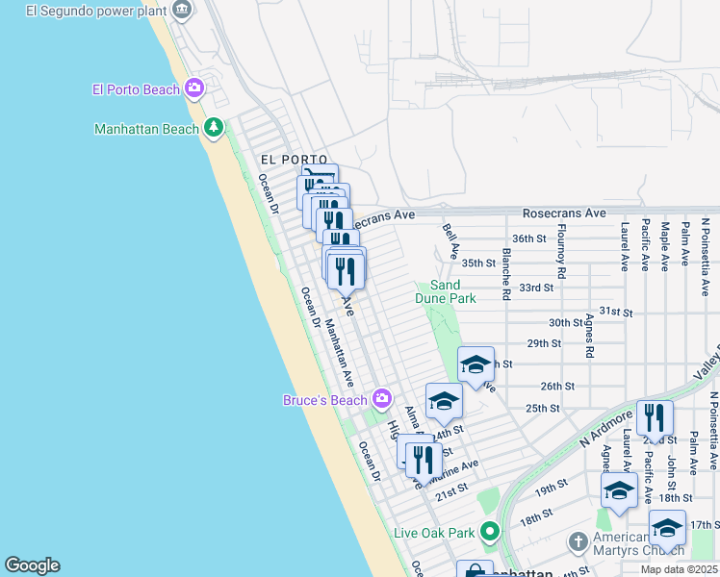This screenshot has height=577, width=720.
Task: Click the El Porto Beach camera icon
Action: point(194,89)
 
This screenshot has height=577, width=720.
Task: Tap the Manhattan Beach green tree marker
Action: point(213,128)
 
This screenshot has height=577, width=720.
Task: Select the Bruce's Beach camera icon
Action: point(382,399)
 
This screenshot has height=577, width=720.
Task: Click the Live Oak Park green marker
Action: point(490,532)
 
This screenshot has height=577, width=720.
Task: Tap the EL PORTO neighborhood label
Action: point(294,160)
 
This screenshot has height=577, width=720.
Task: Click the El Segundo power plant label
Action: point(97,11)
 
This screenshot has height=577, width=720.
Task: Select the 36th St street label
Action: point(529,238)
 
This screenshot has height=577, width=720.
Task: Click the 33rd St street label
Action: point(536,288)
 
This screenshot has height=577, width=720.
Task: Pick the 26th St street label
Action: point(556,386)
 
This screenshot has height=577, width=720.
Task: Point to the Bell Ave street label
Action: point(449,241)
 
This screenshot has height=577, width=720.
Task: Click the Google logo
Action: point(32,565)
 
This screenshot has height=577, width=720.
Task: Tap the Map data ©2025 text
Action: point(678,569)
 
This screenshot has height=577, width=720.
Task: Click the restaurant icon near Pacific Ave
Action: point(655,417)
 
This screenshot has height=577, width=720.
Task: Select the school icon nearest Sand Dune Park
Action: point(476,364)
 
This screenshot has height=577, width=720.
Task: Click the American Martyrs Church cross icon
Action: point(578,541)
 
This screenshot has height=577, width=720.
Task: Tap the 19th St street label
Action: point(551,489)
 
